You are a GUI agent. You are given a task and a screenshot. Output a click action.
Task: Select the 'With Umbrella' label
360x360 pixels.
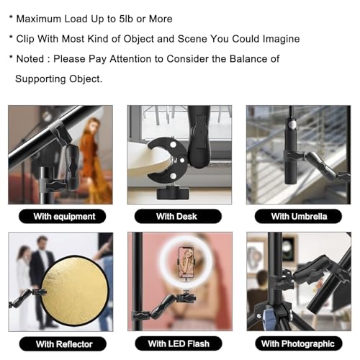(298, 216)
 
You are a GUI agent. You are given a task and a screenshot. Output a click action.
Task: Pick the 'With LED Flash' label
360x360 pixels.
(179, 343)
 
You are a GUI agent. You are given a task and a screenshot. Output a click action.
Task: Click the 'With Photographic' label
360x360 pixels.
(299, 343)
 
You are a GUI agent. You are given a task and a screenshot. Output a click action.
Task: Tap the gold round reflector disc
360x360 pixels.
(75, 291)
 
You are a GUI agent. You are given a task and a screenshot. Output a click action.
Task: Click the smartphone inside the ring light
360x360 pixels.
(186, 262)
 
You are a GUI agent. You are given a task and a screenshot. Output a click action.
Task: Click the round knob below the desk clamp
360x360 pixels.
(173, 194)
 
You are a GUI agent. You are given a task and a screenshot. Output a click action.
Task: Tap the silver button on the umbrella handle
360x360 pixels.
(292, 125)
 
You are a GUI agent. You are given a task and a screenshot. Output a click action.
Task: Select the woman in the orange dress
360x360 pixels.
(94, 158)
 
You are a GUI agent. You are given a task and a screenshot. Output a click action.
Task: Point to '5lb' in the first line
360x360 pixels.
(126, 19)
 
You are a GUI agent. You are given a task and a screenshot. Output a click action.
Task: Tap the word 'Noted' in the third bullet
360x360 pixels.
(30, 59)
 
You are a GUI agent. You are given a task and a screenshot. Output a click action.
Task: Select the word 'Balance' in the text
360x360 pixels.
(248, 59)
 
